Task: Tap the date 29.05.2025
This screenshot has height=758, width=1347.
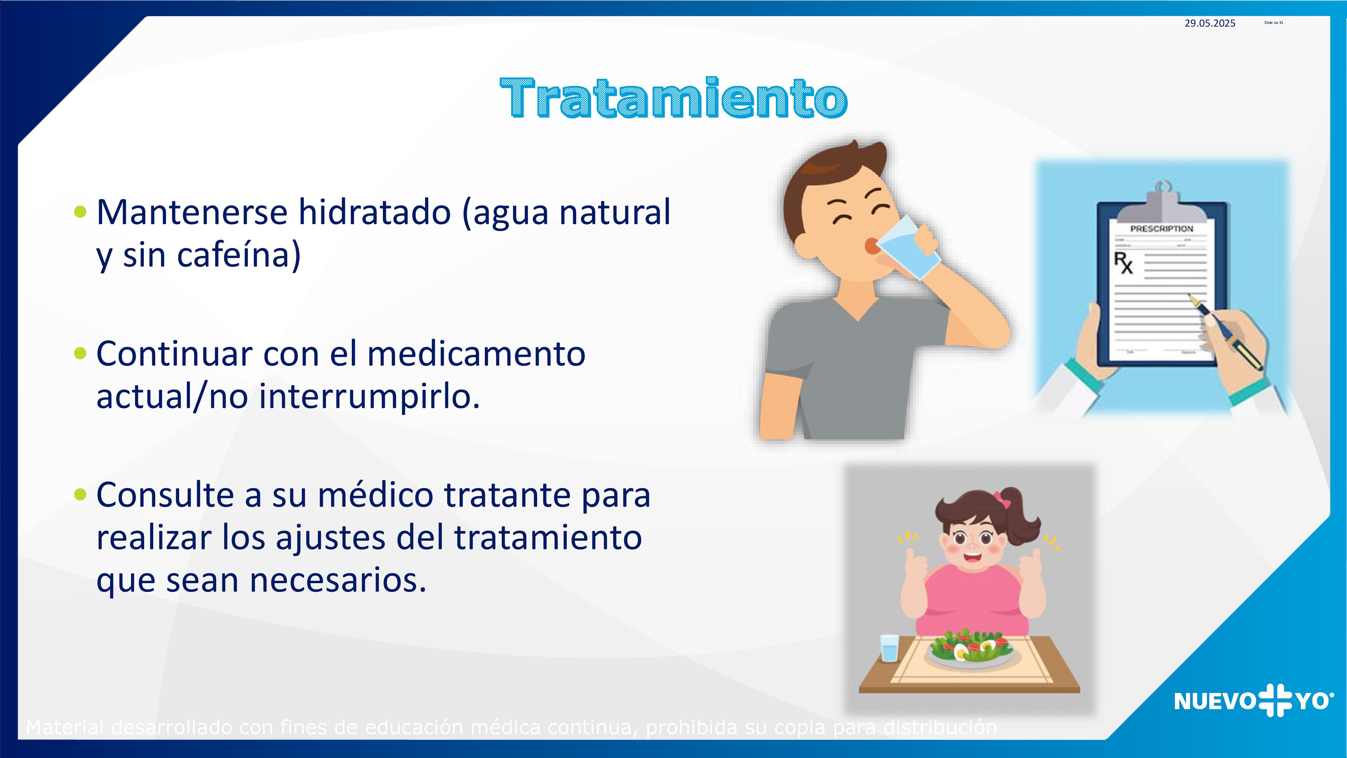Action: [1210, 23]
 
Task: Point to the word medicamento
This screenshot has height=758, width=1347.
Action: [476, 354]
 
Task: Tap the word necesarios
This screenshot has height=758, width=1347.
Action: [338, 581]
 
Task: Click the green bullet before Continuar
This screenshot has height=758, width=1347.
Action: [80, 354]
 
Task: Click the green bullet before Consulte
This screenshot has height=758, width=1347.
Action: [80, 494]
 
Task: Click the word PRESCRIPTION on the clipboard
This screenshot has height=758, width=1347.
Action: [1161, 229]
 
